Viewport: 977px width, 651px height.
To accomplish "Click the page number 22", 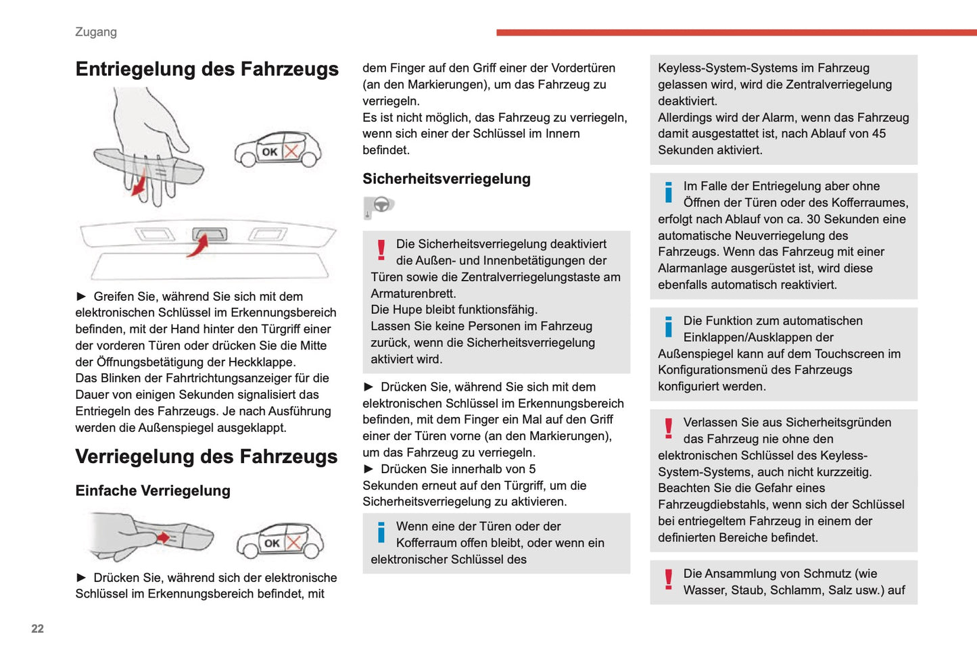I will click(x=37, y=629).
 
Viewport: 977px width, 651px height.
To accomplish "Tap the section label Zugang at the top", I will click(x=96, y=32).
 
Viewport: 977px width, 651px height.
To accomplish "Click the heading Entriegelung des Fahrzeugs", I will click(x=207, y=70).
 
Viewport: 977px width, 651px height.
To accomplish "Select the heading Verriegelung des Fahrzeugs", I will click(x=206, y=457).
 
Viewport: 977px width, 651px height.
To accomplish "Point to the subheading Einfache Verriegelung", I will click(x=153, y=491).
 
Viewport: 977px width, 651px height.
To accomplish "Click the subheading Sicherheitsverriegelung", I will click(x=446, y=179).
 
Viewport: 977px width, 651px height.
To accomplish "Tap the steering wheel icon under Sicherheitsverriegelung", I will click(x=380, y=206).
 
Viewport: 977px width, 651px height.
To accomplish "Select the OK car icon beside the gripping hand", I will click(x=278, y=149).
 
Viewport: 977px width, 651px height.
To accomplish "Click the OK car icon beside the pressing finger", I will click(x=280, y=541).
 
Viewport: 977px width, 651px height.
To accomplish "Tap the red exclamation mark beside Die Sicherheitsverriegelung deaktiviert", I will click(x=381, y=250).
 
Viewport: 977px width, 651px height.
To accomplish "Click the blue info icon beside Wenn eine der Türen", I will click(x=381, y=533).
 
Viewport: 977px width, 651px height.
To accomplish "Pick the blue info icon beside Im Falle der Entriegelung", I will click(x=669, y=193).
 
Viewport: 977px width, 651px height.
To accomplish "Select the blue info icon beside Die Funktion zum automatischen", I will click(x=669, y=327).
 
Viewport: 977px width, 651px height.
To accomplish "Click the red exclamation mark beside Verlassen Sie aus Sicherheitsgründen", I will click(x=669, y=429).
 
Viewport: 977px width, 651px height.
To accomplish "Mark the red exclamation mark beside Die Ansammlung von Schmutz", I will click(x=669, y=580).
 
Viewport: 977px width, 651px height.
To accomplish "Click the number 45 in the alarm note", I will click(x=878, y=134).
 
